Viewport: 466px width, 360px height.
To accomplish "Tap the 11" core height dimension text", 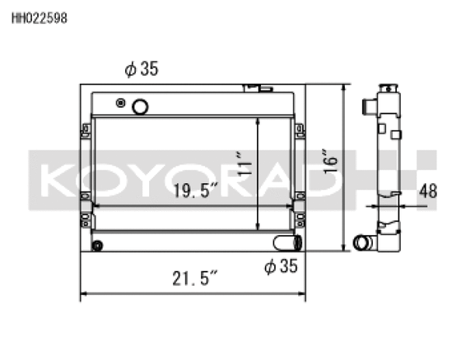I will click(x=246, y=166).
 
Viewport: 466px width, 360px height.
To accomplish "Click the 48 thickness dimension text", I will click(x=428, y=190).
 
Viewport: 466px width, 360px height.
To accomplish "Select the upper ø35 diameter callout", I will click(x=141, y=69).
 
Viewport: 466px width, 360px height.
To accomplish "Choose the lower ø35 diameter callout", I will click(x=280, y=266).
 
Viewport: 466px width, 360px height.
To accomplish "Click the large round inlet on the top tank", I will click(x=141, y=106).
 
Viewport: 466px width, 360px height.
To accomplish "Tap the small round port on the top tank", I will click(x=120, y=102).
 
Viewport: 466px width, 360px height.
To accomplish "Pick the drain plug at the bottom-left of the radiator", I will click(x=97, y=246).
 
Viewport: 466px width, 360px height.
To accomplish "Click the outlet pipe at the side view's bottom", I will click(x=362, y=243).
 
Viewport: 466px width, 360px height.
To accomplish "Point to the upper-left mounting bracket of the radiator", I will click(x=85, y=130).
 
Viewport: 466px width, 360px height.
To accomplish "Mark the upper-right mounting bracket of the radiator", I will click(x=299, y=130).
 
